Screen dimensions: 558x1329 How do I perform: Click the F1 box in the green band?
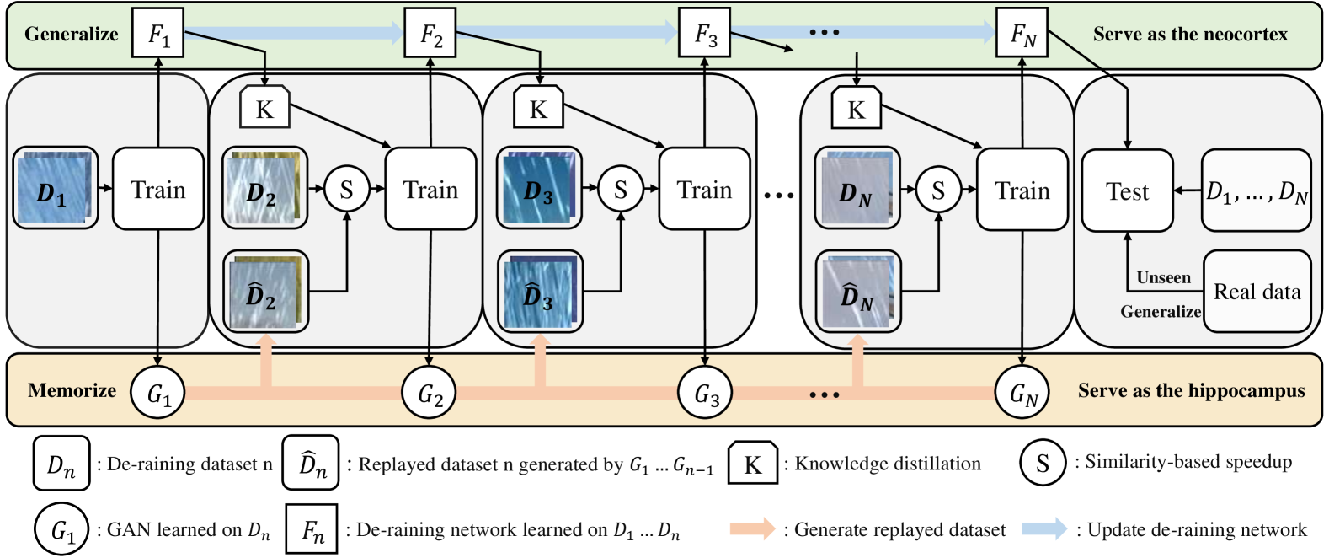(157, 34)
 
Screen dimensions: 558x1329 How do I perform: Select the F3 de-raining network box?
(704, 34)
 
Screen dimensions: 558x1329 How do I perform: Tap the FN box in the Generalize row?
(1022, 34)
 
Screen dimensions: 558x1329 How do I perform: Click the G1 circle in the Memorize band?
(157, 393)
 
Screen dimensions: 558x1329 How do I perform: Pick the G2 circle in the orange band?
(430, 393)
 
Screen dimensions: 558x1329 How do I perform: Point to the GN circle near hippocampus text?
(1022, 393)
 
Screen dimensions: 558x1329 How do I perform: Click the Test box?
(1127, 191)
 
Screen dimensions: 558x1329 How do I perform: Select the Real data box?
(1257, 292)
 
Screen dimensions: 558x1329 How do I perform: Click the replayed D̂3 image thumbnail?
(538, 291)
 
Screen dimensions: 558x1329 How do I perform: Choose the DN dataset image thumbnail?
(857, 190)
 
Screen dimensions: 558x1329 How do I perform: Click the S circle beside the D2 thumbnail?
(346, 190)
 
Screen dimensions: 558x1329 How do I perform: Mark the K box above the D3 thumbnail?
(538, 108)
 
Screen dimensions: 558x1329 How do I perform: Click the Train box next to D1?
(158, 189)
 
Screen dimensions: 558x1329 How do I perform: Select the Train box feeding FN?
(1022, 190)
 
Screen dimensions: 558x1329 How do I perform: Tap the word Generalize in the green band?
(72, 34)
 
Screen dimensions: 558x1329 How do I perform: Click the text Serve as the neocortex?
(1190, 34)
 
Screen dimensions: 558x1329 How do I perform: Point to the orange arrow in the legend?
(751, 529)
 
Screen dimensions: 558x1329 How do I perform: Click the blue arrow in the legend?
(1044, 529)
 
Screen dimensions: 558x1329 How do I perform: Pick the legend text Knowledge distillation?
(888, 464)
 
